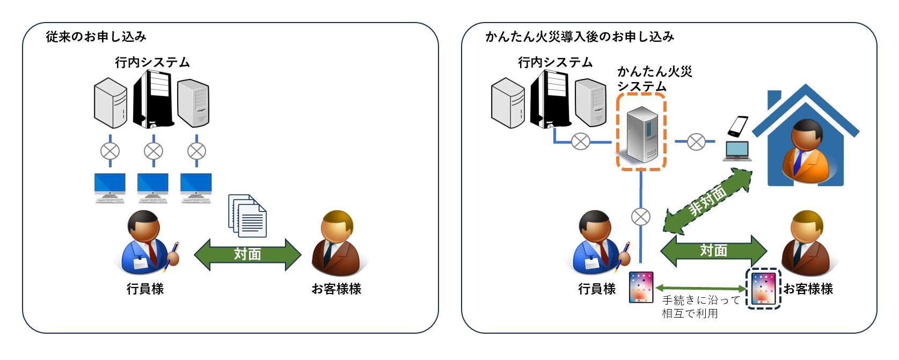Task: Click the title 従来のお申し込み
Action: [x=96, y=36]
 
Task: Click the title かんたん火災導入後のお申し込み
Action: [x=580, y=36]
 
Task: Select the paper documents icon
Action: [x=247, y=216]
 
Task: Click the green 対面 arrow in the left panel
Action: [x=247, y=254]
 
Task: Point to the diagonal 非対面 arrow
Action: [x=708, y=201]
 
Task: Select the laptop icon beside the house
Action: [x=737, y=151]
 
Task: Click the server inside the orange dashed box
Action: [x=642, y=134]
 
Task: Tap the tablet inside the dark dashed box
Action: [x=763, y=289]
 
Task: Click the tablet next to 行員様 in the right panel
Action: [x=641, y=288]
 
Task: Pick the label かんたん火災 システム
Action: [x=654, y=78]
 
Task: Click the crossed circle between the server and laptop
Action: [x=696, y=142]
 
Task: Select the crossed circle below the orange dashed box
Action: [x=640, y=217]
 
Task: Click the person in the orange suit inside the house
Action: [x=806, y=152]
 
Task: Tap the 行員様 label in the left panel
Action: [x=145, y=289]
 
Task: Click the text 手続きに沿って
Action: [x=701, y=300]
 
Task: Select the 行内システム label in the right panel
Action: [x=556, y=62]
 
